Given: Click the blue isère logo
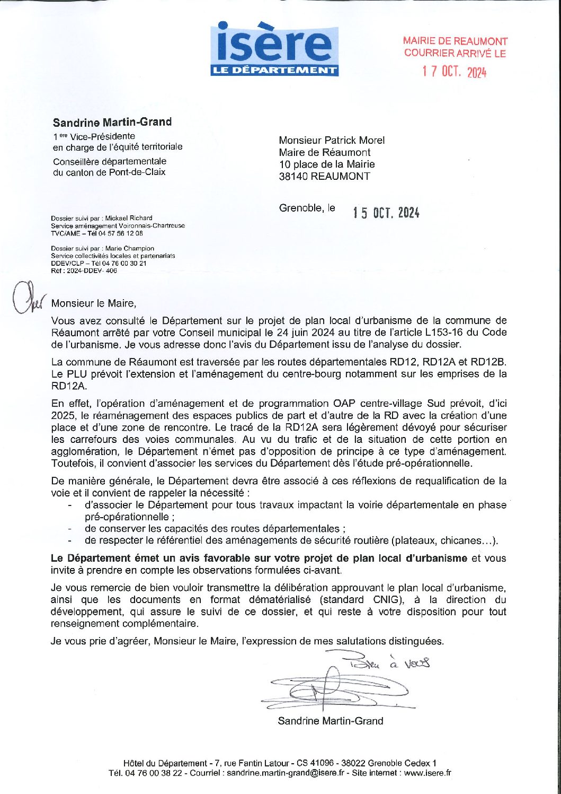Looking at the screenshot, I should (x=274, y=49).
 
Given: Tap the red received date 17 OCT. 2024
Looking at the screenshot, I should (x=454, y=72).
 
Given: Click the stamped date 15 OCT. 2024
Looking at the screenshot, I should (x=386, y=213).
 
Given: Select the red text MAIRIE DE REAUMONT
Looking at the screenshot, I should (x=455, y=41).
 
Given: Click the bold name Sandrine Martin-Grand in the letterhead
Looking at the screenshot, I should (x=112, y=122).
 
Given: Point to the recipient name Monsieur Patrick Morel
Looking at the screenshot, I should (x=332, y=140).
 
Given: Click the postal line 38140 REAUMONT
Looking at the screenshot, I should (x=324, y=177).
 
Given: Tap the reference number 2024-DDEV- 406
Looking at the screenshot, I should (x=91, y=271).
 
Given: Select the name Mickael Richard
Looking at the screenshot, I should (x=129, y=218).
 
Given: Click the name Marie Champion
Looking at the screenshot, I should (x=130, y=248).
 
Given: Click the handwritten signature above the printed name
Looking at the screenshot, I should (x=334, y=688).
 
